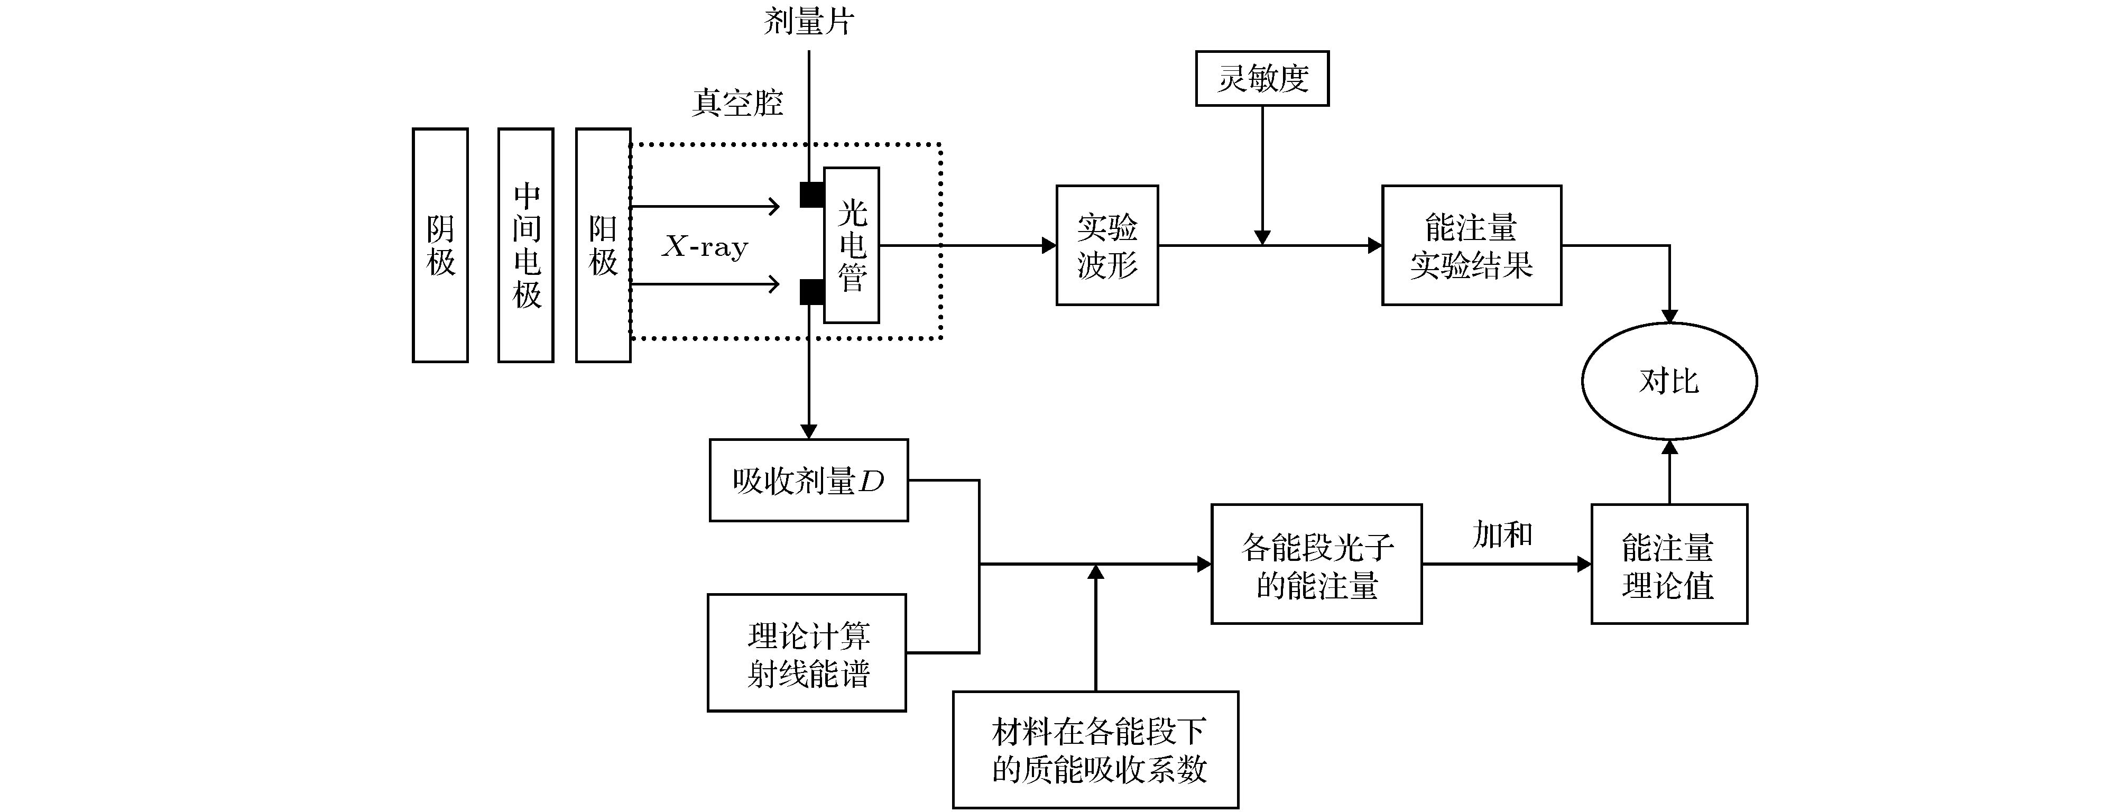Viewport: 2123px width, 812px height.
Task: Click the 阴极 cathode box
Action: pos(440,245)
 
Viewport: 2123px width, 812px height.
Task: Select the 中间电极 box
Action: pos(526,245)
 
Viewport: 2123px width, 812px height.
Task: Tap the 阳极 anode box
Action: pos(603,245)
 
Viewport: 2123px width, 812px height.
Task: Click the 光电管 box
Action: pos(851,245)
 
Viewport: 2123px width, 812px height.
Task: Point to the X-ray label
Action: pos(705,246)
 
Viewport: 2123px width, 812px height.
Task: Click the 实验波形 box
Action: pos(1107,245)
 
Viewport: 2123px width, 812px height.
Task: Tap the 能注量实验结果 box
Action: pos(1471,245)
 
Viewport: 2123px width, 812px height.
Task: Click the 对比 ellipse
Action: pos(1669,381)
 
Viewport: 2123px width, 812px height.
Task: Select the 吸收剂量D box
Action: pos(808,480)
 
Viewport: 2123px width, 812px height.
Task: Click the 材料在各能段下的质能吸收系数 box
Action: pos(1095,749)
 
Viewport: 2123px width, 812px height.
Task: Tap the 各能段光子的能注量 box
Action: pos(1316,564)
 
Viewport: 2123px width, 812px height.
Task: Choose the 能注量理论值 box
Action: pos(1669,564)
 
